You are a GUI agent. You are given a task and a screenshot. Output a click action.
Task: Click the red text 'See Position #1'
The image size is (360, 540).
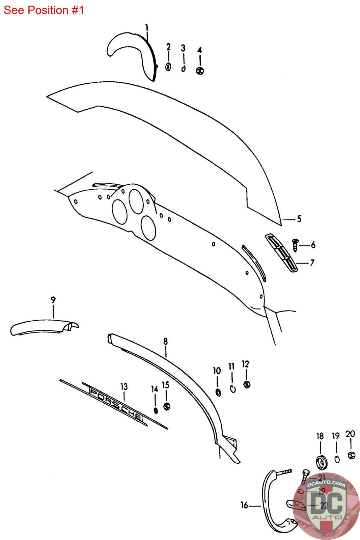point(44,10)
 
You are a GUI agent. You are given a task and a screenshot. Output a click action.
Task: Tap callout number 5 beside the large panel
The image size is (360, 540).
point(299,219)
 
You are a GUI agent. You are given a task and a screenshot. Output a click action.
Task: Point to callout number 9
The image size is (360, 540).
point(53,300)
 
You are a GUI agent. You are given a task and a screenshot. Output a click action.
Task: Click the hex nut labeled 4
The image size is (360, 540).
point(200,71)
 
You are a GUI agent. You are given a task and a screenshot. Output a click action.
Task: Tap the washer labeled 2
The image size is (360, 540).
point(168,67)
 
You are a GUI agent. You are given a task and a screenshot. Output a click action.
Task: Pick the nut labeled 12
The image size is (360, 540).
point(246,384)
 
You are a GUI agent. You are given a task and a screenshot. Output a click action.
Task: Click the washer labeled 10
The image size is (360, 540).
point(218,392)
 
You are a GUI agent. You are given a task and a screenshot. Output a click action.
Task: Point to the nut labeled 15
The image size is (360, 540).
point(166,406)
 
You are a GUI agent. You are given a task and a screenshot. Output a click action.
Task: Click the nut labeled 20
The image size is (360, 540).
point(351,455)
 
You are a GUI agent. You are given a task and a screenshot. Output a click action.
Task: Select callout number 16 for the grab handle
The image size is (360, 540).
point(244,505)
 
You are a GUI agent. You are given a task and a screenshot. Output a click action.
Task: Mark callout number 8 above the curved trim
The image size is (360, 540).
point(165,342)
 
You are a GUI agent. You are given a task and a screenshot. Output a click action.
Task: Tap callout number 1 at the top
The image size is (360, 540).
point(146,27)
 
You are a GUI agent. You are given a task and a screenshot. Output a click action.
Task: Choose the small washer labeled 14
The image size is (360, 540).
point(156,410)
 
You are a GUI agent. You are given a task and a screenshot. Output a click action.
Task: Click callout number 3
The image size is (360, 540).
point(183,48)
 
